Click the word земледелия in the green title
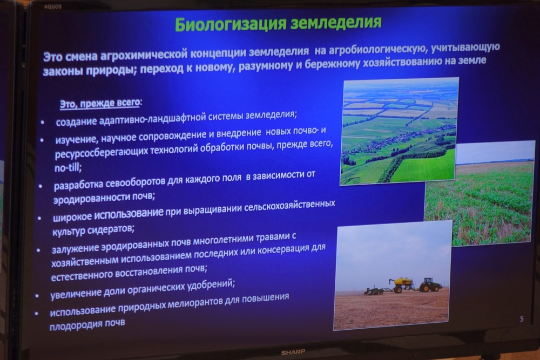(336, 22)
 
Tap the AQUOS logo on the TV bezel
(53, 6)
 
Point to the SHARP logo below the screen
(293, 352)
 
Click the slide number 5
(522, 319)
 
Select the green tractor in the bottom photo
(430, 285)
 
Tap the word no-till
(68, 168)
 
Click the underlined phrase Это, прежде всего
(100, 103)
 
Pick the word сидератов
(110, 229)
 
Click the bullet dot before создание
(42, 123)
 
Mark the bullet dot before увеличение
(37, 296)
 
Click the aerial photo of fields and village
(399, 131)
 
